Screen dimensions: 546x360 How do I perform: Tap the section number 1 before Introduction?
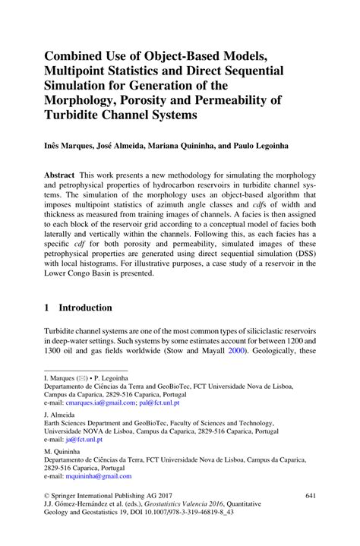[48, 308]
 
